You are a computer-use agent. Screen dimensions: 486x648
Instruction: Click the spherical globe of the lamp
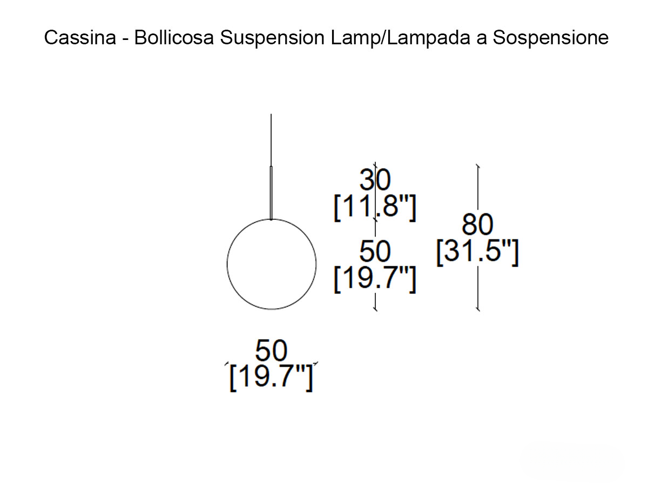(x=271, y=264)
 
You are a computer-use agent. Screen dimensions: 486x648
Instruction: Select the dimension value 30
(x=375, y=180)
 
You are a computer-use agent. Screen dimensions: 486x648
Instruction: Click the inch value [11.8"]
(x=375, y=209)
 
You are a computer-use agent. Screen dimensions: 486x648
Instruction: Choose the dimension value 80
(x=477, y=225)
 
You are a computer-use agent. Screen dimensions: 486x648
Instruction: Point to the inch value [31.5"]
(x=477, y=253)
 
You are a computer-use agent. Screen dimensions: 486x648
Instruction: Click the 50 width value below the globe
(x=271, y=351)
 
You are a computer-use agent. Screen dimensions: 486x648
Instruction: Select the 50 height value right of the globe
(x=375, y=252)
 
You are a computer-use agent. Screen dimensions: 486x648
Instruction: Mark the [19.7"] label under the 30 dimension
(x=375, y=280)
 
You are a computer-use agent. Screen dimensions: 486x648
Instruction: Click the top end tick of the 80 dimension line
(x=477, y=166)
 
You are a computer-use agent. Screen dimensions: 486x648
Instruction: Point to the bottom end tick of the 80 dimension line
(x=477, y=309)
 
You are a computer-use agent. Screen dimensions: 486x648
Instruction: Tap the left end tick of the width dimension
(x=227, y=364)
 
